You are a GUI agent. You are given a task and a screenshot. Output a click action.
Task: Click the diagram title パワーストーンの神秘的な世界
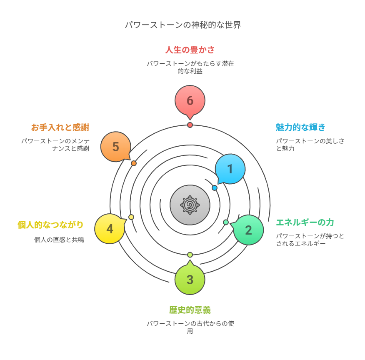(x=183, y=25)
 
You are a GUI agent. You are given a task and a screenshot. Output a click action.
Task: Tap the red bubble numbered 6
(x=190, y=101)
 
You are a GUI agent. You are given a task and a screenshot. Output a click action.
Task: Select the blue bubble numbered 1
(x=230, y=169)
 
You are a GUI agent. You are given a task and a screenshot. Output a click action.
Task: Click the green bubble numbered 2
(x=248, y=230)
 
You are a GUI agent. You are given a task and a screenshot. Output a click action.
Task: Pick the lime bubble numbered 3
(x=190, y=279)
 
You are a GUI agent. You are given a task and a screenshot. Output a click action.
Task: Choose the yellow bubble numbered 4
(x=110, y=229)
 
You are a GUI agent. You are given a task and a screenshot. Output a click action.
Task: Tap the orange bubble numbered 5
(x=116, y=147)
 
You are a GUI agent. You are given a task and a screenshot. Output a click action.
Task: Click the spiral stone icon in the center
(x=190, y=205)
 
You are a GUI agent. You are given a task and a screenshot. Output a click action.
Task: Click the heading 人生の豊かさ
(x=190, y=50)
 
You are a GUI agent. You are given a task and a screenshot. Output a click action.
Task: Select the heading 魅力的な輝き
(x=300, y=127)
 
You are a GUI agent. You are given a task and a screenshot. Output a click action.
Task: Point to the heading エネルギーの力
(x=305, y=222)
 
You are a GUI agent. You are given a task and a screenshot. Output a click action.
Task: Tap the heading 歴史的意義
(x=190, y=310)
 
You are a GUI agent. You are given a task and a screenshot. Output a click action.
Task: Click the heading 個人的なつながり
(x=50, y=225)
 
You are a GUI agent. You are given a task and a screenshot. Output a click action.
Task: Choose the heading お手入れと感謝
(x=60, y=127)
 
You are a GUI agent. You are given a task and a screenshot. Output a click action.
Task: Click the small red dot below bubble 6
(x=190, y=125)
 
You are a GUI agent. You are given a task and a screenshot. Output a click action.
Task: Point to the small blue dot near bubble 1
(x=215, y=188)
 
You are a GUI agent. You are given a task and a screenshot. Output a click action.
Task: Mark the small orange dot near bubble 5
(x=134, y=163)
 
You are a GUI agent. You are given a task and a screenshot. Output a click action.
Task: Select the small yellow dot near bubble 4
(x=131, y=217)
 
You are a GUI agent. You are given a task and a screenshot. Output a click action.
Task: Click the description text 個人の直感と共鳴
(x=59, y=240)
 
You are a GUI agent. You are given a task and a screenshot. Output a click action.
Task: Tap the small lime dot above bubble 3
(x=190, y=255)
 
